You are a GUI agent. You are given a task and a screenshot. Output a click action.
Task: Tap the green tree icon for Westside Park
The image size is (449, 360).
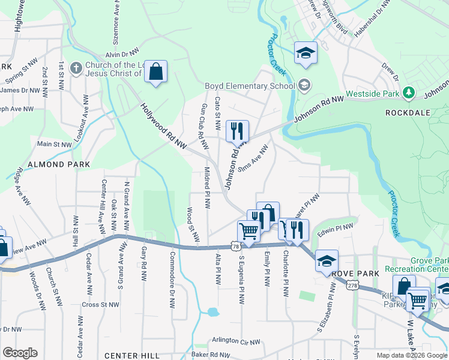409,92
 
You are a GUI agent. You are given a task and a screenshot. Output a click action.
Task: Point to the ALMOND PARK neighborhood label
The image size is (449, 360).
58,164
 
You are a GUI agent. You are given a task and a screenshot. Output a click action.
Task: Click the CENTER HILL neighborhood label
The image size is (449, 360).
131,356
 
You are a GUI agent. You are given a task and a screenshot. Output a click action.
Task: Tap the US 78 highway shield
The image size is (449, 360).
235,246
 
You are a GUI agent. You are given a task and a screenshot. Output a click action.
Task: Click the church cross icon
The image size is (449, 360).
76,68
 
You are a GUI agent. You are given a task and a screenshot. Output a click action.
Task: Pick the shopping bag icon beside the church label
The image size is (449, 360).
155,72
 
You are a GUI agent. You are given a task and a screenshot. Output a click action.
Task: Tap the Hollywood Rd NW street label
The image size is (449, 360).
163,126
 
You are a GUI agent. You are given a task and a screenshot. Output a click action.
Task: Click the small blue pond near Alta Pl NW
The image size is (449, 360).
211,312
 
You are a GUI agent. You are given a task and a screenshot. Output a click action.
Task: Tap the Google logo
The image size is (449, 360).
20,353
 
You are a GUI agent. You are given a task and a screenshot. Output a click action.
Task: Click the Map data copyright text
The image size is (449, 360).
412,355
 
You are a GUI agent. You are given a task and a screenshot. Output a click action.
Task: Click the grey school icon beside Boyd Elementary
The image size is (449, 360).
305,85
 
